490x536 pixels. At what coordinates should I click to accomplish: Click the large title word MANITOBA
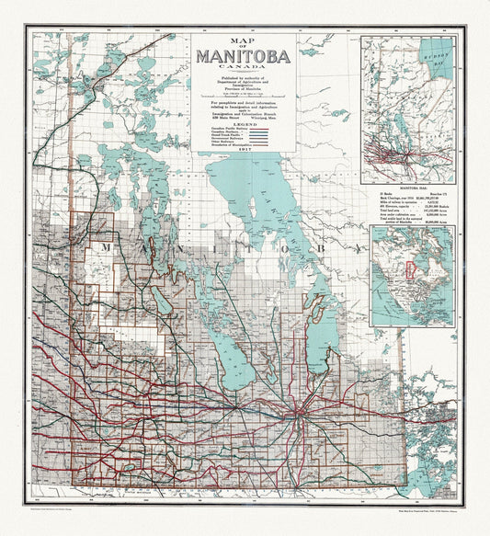243,56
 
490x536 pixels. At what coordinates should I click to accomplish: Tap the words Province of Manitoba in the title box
243,86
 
